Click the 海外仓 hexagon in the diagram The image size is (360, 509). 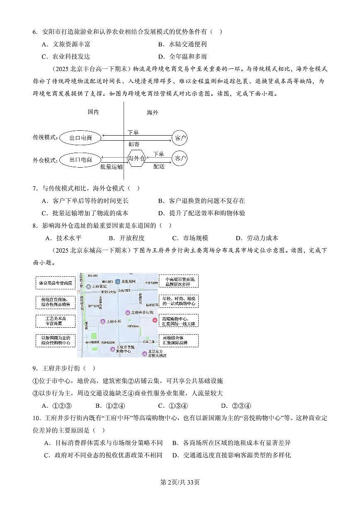coord(136,158)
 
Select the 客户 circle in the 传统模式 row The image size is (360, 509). coord(180,137)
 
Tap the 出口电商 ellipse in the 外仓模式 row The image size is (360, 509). coord(80,159)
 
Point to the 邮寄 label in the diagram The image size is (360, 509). coord(134,144)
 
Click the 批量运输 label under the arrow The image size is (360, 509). coord(111,167)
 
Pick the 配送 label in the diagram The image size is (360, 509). coord(159,166)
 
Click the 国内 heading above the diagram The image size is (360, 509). coord(93,112)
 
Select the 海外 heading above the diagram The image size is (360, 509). coord(152,112)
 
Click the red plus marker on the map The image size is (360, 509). coord(154,320)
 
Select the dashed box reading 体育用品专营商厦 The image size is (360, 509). coord(56,283)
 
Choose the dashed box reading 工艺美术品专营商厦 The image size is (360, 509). coord(56,321)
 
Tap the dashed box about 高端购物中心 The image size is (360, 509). coord(178,320)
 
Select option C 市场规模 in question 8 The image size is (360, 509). coord(190,238)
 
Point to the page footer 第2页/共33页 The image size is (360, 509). coord(180,482)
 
